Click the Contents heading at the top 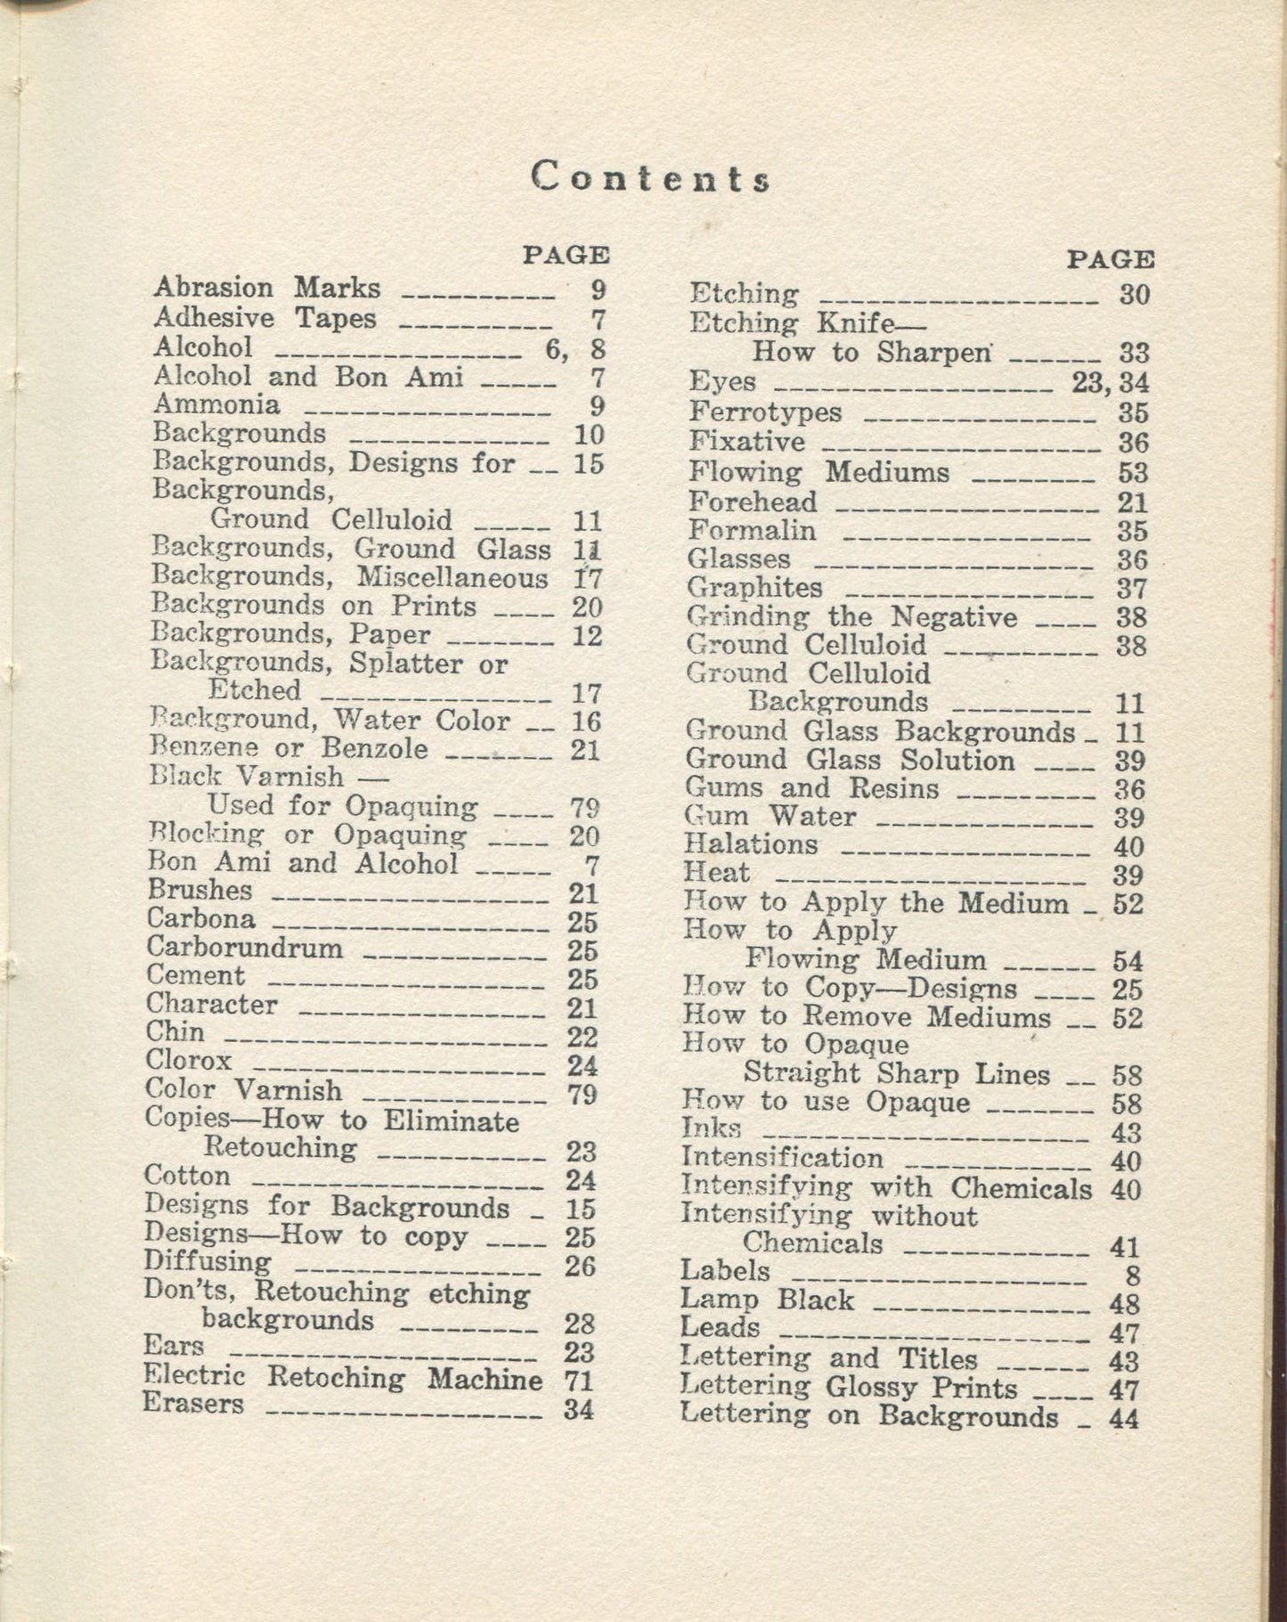(x=649, y=178)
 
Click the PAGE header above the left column (x=566, y=255)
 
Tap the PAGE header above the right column (x=1110, y=259)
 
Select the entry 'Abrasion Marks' (x=266, y=289)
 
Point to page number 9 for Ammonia (x=597, y=406)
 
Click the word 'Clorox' (x=189, y=1061)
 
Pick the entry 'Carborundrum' (x=245, y=947)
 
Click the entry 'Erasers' (x=193, y=1404)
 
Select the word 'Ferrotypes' (x=766, y=412)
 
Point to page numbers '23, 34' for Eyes (x=1110, y=383)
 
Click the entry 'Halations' (x=751, y=844)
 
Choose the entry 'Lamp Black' (x=767, y=1300)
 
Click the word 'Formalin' (x=752, y=531)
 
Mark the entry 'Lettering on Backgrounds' (x=869, y=1416)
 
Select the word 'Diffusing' (x=208, y=1262)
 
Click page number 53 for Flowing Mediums (x=1132, y=472)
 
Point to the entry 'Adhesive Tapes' (x=265, y=318)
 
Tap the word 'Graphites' (x=754, y=588)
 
